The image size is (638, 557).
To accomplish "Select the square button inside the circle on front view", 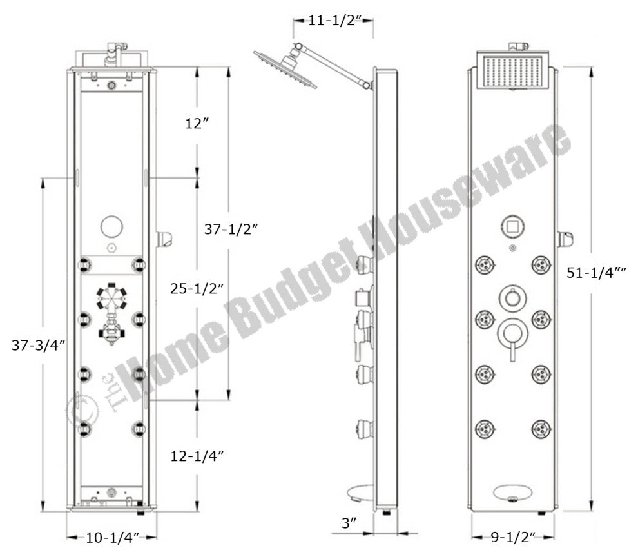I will point(512,227).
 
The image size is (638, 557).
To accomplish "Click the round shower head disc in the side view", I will point(287,71).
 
